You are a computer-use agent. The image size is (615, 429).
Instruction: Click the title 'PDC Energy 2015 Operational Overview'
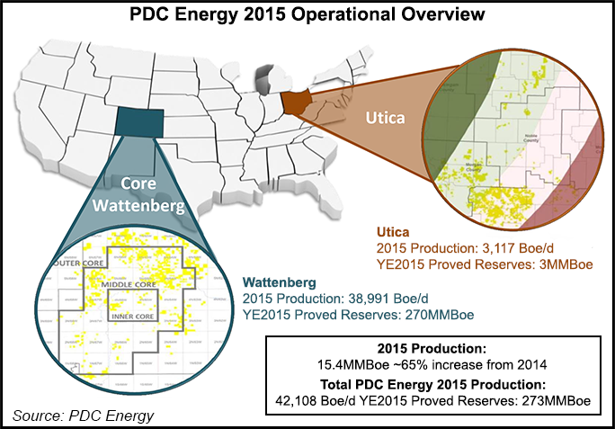[x=307, y=15]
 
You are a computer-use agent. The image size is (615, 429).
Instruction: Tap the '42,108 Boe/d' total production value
[x=327, y=401]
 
